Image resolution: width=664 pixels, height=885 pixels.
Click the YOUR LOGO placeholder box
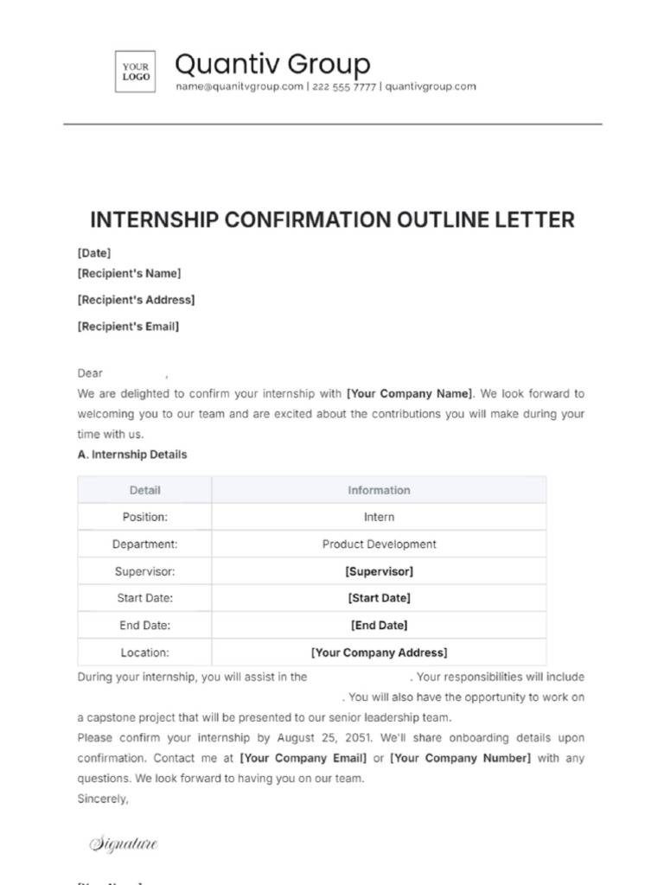(136, 71)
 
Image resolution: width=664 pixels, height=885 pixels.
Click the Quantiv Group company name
(272, 63)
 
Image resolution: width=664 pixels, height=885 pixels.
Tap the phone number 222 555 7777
(344, 86)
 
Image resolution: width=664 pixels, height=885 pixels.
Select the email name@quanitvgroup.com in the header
(239, 86)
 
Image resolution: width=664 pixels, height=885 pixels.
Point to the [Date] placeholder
(94, 253)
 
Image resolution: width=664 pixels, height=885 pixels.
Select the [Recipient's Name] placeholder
(129, 273)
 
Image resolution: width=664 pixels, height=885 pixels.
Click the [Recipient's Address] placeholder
(136, 300)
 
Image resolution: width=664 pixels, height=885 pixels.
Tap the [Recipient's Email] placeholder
(128, 327)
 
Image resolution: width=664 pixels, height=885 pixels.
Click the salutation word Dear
(90, 373)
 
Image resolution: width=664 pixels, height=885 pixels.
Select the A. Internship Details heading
(131, 454)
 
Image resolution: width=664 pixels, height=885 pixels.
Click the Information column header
(379, 490)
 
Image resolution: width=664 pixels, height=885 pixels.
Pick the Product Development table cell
(379, 544)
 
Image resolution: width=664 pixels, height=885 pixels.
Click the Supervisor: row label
(144, 571)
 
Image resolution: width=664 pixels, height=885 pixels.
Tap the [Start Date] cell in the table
(379, 598)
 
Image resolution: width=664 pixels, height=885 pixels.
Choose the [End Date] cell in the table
(379, 625)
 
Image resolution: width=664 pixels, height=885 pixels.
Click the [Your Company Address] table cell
(379, 653)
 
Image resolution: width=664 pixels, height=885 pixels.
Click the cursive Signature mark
(124, 844)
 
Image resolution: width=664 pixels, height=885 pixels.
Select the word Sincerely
(103, 799)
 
